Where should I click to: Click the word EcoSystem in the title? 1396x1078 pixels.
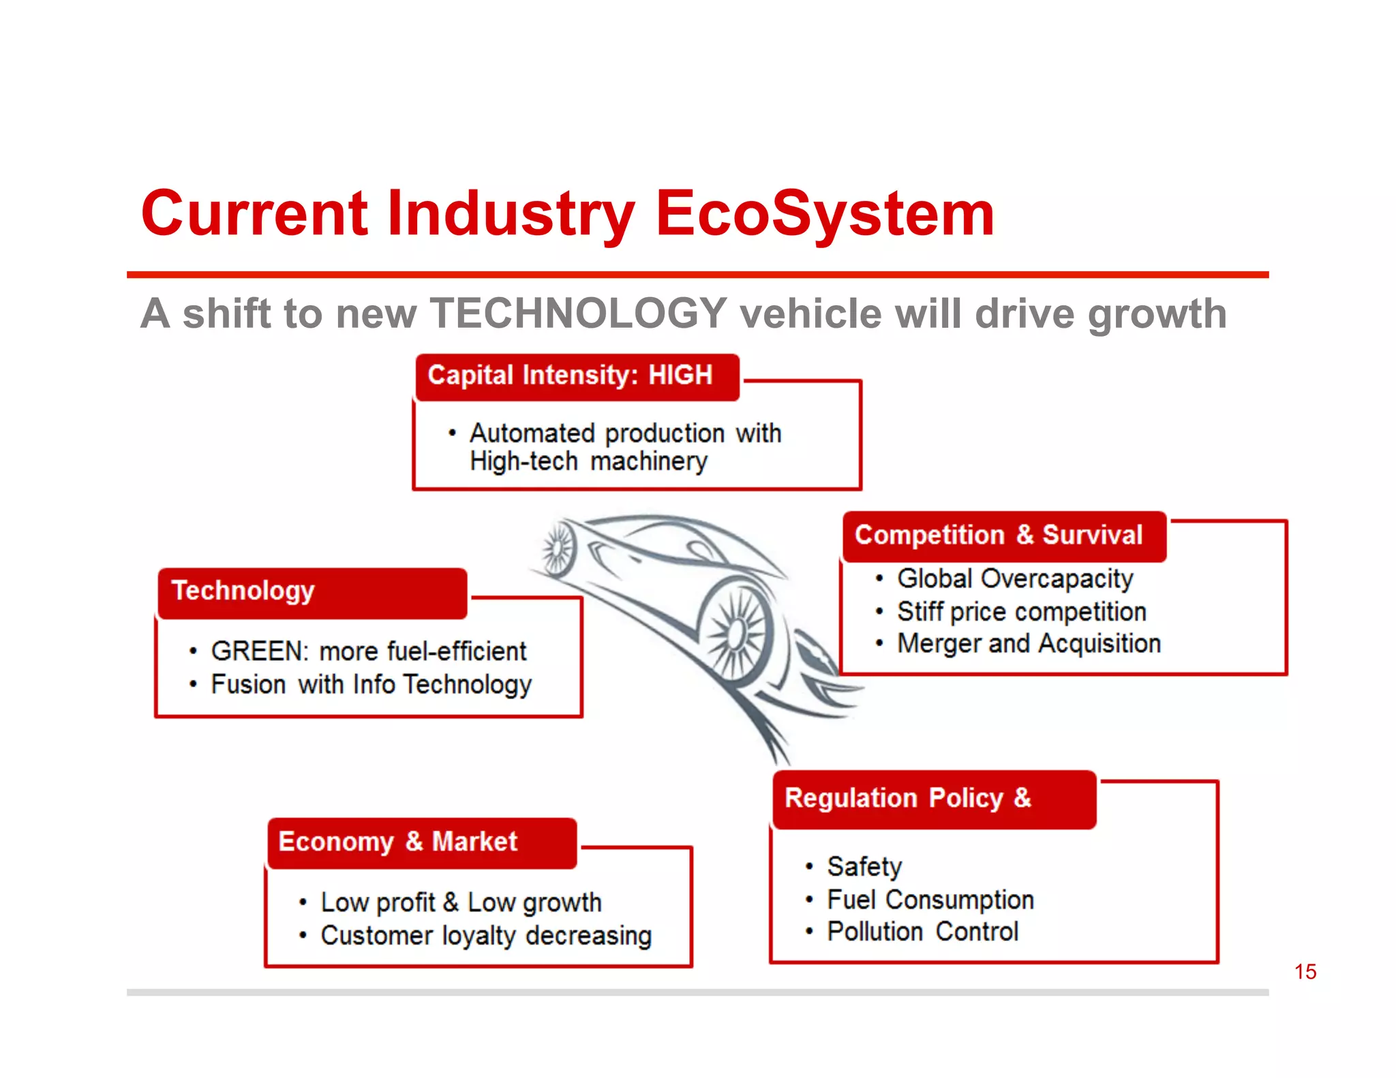point(825,214)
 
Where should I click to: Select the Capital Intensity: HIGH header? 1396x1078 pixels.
point(570,375)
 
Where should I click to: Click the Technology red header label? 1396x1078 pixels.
point(243,591)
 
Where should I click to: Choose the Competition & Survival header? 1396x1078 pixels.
point(999,536)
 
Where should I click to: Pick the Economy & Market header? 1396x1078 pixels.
point(398,842)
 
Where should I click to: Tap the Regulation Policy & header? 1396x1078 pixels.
point(908,798)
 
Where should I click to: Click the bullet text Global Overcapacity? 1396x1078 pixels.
point(1015,579)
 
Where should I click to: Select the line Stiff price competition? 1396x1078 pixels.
point(1021,611)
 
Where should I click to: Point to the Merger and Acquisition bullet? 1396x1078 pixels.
point(1029,643)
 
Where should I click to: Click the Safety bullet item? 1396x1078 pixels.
point(864,867)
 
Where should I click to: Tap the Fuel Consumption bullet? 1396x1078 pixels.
point(930,899)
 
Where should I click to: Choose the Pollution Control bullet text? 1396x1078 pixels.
point(923,931)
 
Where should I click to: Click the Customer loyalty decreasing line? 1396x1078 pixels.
point(486,936)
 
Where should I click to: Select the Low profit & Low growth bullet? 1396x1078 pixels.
point(461,903)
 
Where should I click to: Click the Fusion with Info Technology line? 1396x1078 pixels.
point(371,684)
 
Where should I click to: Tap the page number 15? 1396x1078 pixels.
point(1305,972)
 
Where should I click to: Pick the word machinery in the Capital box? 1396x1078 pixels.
point(649,462)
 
